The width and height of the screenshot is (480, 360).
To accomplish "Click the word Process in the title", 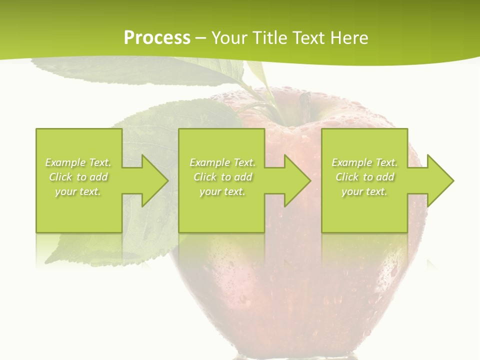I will click(x=157, y=38).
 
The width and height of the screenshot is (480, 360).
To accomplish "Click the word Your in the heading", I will click(x=231, y=38).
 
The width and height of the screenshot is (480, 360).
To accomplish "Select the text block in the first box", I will click(x=78, y=177).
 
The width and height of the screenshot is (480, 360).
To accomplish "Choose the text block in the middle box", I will click(x=222, y=177).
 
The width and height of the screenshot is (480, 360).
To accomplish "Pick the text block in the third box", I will click(x=364, y=177).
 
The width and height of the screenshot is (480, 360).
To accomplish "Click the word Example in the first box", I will click(x=65, y=162).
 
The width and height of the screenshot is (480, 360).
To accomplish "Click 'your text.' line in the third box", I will click(x=364, y=191).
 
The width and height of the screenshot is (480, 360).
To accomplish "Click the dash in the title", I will click(x=201, y=38).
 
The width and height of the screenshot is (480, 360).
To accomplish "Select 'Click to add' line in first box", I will click(x=78, y=177).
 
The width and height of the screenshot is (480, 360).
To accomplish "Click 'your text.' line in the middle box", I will click(x=222, y=191).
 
